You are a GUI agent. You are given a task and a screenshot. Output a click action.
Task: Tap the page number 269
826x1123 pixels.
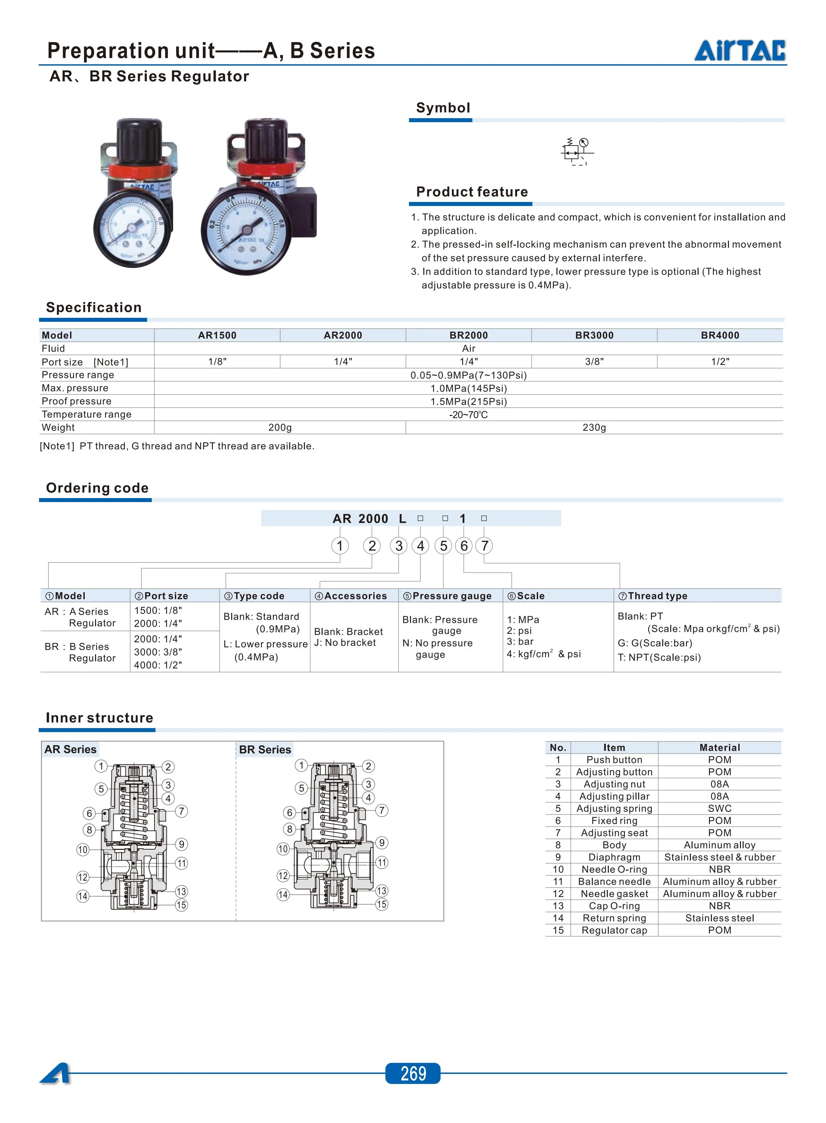click(413, 1073)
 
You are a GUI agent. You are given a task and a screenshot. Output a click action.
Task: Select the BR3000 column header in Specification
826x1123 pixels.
click(594, 335)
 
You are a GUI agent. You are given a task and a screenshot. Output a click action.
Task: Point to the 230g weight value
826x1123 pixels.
click(594, 427)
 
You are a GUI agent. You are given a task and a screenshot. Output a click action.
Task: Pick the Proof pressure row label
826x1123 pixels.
click(76, 401)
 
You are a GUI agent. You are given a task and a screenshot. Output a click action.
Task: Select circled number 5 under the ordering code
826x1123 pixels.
click(443, 546)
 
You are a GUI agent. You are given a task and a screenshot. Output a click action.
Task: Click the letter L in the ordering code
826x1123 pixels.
click(403, 519)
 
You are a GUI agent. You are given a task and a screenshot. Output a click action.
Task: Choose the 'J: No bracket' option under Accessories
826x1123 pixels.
click(345, 643)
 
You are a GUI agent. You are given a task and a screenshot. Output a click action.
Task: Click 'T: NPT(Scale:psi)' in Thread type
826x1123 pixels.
click(659, 657)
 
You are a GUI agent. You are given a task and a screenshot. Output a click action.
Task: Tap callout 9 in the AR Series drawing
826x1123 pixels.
click(181, 844)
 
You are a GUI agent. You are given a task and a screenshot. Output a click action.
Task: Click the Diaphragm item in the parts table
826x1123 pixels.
click(614, 857)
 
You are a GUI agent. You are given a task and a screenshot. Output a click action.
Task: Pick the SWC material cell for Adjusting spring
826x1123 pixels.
click(720, 808)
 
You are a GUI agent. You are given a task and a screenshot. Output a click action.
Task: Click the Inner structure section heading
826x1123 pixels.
click(99, 718)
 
